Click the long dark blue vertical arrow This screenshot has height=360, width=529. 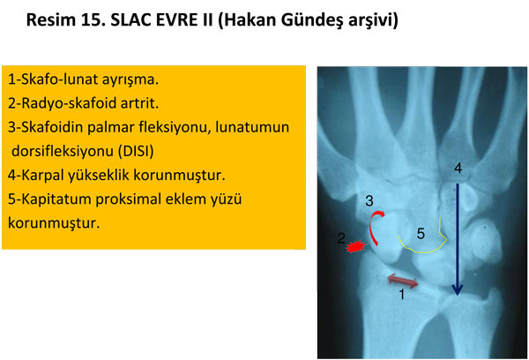point(457,238)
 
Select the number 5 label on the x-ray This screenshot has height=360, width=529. point(421,234)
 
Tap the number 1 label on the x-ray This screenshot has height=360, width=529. point(402,296)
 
